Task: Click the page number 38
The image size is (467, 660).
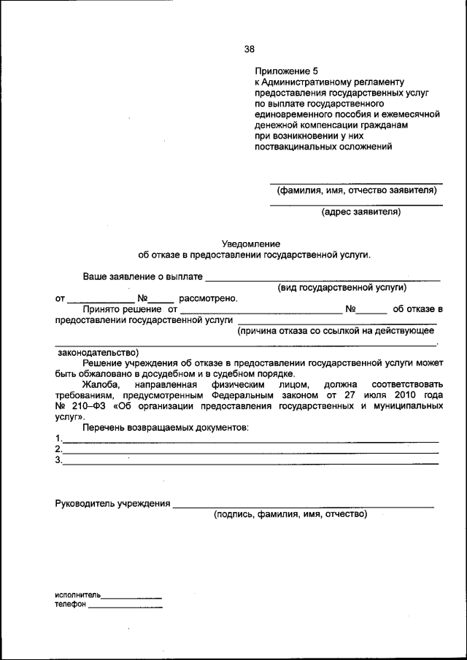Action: (x=249, y=50)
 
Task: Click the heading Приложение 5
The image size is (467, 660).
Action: (x=287, y=71)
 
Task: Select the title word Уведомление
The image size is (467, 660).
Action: (x=251, y=244)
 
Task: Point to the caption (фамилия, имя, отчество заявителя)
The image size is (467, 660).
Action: (x=356, y=190)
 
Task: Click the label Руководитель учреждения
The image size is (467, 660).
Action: (x=113, y=503)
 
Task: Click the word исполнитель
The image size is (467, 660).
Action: (x=78, y=595)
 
